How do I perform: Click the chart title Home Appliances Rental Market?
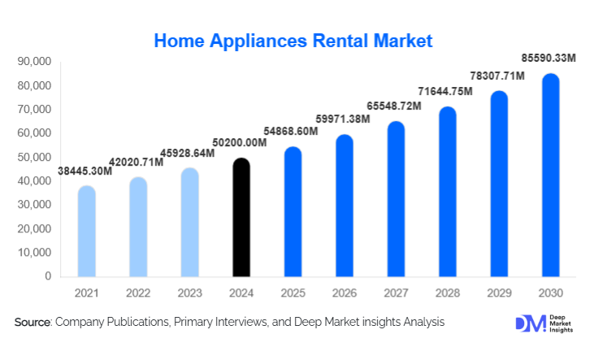(293, 40)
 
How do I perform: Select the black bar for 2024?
(241, 219)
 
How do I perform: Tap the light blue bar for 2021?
(86, 232)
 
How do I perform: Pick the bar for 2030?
(549, 176)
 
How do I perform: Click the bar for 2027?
(395, 200)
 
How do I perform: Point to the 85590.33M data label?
(549, 59)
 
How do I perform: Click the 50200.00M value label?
(241, 144)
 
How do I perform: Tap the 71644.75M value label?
(445, 92)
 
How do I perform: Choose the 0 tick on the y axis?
(48, 276)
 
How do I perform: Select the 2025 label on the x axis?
(292, 292)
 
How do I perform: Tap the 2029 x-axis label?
(497, 292)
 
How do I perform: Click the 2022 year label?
(137, 292)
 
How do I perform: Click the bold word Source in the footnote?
(33, 323)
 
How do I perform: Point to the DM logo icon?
(529, 323)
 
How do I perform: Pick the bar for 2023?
(189, 223)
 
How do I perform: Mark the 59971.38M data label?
(343, 119)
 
